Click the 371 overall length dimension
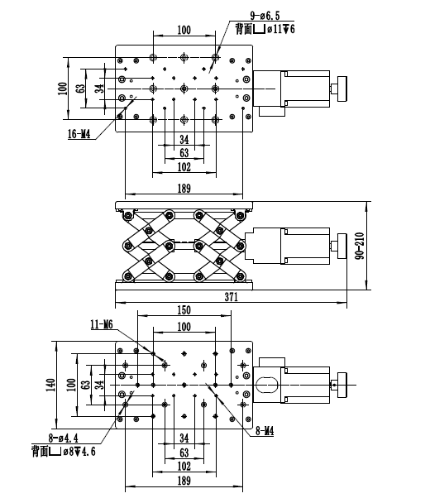(x=232, y=297)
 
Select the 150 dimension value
(x=184, y=310)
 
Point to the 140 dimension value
(x=50, y=385)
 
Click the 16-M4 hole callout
(x=79, y=134)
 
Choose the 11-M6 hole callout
(x=102, y=324)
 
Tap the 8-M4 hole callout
(x=265, y=432)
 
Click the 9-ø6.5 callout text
(x=265, y=16)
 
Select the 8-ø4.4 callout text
(x=63, y=438)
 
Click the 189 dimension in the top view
(x=184, y=189)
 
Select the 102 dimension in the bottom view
(x=184, y=466)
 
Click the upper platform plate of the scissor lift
(x=184, y=205)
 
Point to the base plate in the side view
(x=184, y=285)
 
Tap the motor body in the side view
(x=304, y=246)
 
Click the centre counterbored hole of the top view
(x=184, y=89)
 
